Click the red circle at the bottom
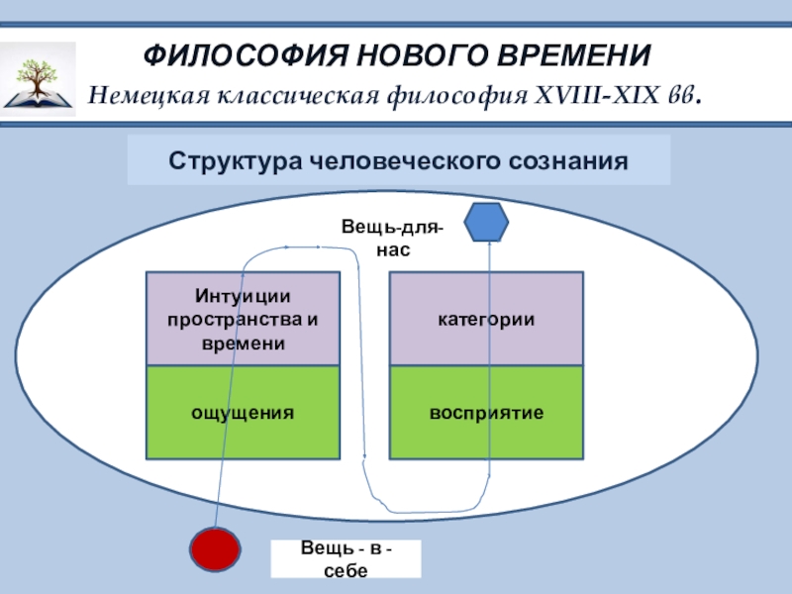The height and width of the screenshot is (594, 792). point(216,550)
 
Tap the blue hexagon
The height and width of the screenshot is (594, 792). point(487,222)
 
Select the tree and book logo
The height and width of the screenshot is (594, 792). point(39,78)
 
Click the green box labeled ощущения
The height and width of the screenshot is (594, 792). point(243,412)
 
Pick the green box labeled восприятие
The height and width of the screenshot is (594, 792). point(486,412)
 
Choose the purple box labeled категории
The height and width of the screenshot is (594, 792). point(486,320)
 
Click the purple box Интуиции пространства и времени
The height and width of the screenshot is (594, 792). point(243,320)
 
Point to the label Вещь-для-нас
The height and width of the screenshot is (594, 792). point(393,240)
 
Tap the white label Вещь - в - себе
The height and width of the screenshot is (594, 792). point(346,559)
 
